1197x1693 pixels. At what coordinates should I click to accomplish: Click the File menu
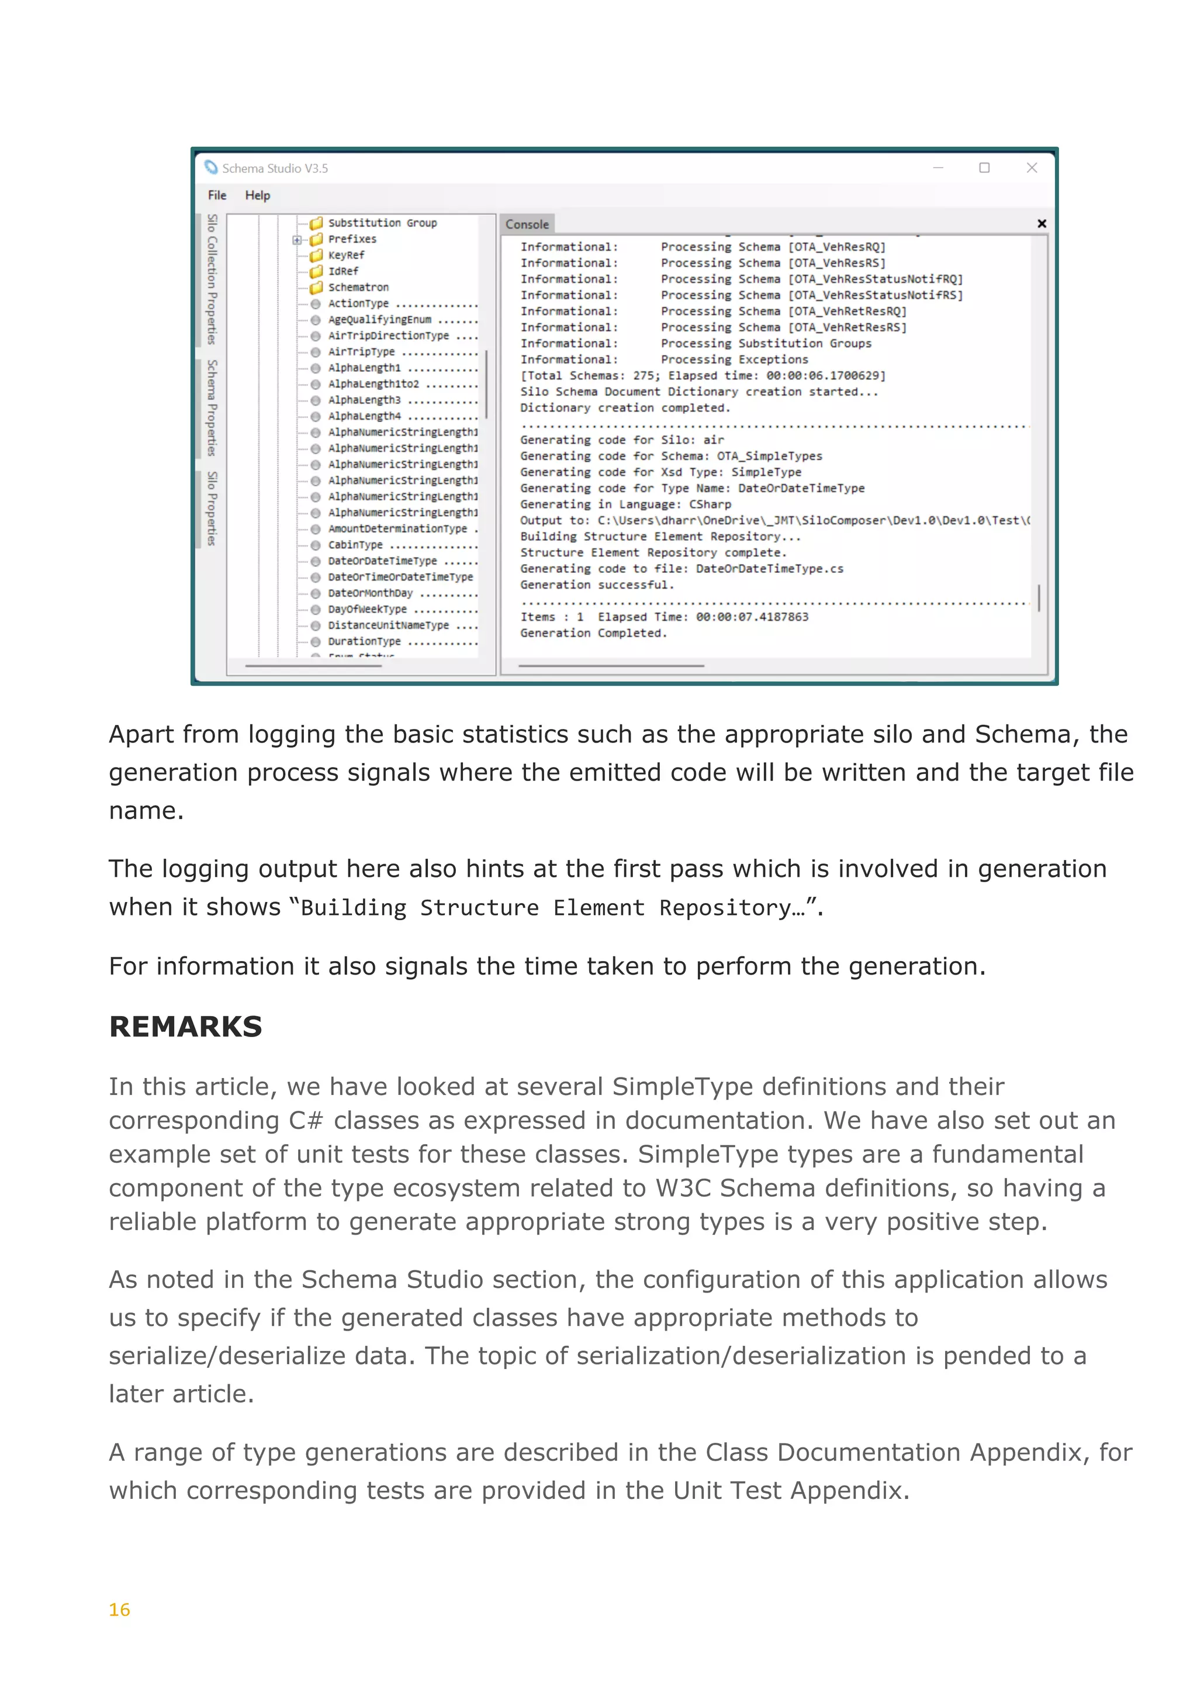[217, 195]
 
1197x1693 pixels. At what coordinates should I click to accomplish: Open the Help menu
[257, 195]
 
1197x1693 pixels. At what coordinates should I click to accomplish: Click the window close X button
[1031, 168]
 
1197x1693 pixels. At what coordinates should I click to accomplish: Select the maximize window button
[984, 168]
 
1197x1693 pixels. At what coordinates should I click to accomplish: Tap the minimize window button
[937, 168]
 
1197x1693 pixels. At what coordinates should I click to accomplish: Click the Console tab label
[527, 224]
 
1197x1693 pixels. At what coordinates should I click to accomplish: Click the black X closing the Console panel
[1042, 223]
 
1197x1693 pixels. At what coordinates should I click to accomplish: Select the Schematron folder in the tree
[358, 288]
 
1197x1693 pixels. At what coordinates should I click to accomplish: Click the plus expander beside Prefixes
[296, 240]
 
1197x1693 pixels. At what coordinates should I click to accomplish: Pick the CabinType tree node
[355, 545]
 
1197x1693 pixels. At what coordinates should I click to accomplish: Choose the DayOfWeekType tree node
[367, 609]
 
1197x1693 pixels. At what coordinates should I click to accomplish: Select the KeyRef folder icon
[316, 255]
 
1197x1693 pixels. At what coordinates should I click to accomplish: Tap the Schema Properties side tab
[212, 408]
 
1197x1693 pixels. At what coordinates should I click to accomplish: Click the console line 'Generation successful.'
[597, 585]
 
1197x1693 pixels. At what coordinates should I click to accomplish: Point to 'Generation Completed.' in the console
[593, 633]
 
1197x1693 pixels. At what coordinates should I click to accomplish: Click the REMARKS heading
[186, 1027]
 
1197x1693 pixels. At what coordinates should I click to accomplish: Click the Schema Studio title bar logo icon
[211, 167]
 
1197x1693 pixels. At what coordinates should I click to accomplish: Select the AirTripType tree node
[361, 352]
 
